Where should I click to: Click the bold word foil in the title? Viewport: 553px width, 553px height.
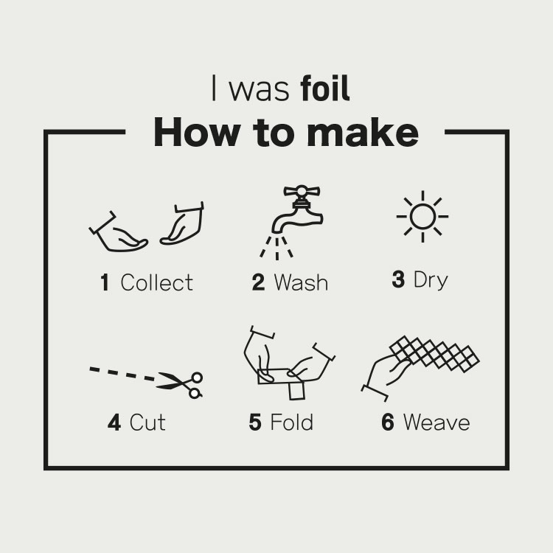click(325, 88)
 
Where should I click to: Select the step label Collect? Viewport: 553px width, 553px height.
click(156, 282)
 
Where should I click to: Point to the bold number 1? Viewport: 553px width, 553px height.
click(105, 282)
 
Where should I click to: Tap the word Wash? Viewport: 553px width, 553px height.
click(301, 282)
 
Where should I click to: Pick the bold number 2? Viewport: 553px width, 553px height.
click(258, 282)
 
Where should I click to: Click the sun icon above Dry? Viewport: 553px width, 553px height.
click(422, 217)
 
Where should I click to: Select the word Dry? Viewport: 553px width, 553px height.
click(431, 281)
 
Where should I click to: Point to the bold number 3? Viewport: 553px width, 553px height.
click(398, 279)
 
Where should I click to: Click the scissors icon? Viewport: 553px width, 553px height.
click(179, 384)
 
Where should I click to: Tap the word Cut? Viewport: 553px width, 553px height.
click(147, 422)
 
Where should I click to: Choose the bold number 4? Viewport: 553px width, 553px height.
click(114, 422)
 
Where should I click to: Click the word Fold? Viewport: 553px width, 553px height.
click(292, 422)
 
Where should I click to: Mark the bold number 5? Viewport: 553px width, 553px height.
click(255, 422)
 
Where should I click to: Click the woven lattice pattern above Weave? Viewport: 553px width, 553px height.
click(434, 353)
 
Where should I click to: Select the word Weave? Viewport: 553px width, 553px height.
click(437, 422)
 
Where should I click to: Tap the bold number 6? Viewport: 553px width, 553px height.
click(388, 422)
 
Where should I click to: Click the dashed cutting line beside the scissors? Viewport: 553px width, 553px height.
click(122, 374)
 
